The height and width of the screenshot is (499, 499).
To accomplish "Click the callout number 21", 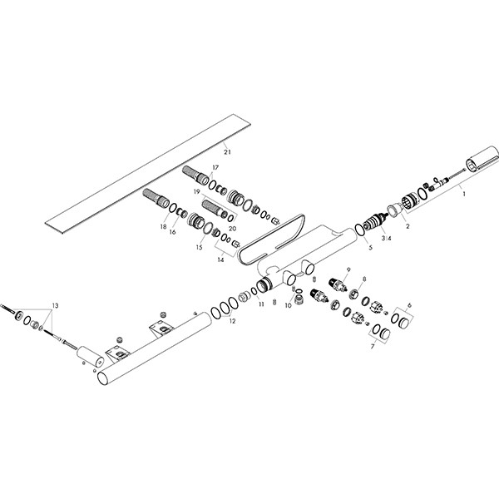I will pyautogui.click(x=225, y=153).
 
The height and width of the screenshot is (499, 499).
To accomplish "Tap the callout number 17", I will pyautogui.click(x=215, y=168).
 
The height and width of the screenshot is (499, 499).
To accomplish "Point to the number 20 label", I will pyautogui.click(x=231, y=228).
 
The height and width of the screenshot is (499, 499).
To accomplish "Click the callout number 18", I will pyautogui.click(x=162, y=226).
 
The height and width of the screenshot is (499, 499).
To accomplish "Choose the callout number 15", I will pyautogui.click(x=199, y=248).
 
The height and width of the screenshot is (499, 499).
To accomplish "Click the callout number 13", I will pyautogui.click(x=56, y=307).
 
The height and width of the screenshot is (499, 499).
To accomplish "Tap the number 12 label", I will pyautogui.click(x=232, y=321).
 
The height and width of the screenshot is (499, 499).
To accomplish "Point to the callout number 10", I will pyautogui.click(x=288, y=306).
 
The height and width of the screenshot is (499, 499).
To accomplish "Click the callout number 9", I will pyautogui.click(x=348, y=268).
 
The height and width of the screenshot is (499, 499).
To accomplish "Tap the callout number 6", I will pyautogui.click(x=408, y=306).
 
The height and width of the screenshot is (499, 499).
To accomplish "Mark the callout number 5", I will pyautogui.click(x=369, y=248).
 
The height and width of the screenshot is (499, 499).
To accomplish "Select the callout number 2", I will pyautogui.click(x=408, y=225).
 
